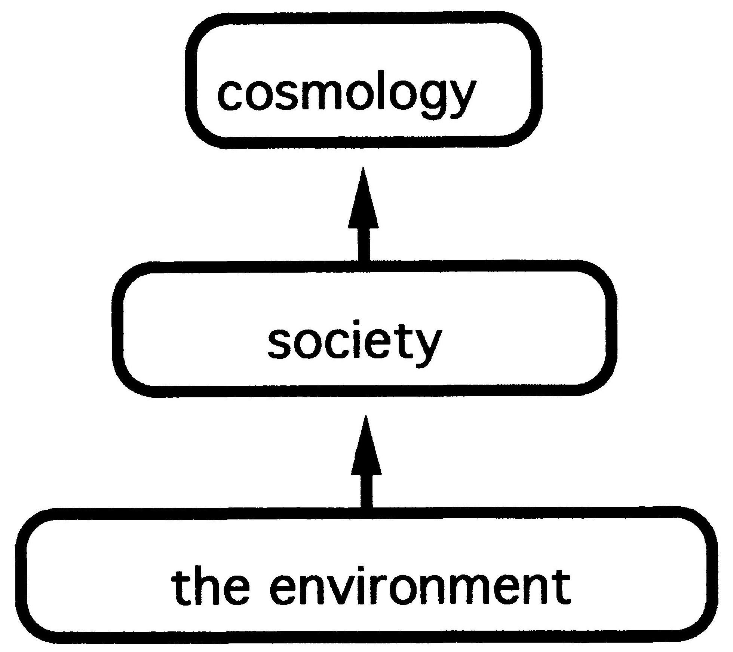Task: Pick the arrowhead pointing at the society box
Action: pyautogui.click(x=366, y=448)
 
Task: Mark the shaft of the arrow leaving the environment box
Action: pyautogui.click(x=366, y=491)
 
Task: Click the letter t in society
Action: pyautogui.click(x=404, y=341)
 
